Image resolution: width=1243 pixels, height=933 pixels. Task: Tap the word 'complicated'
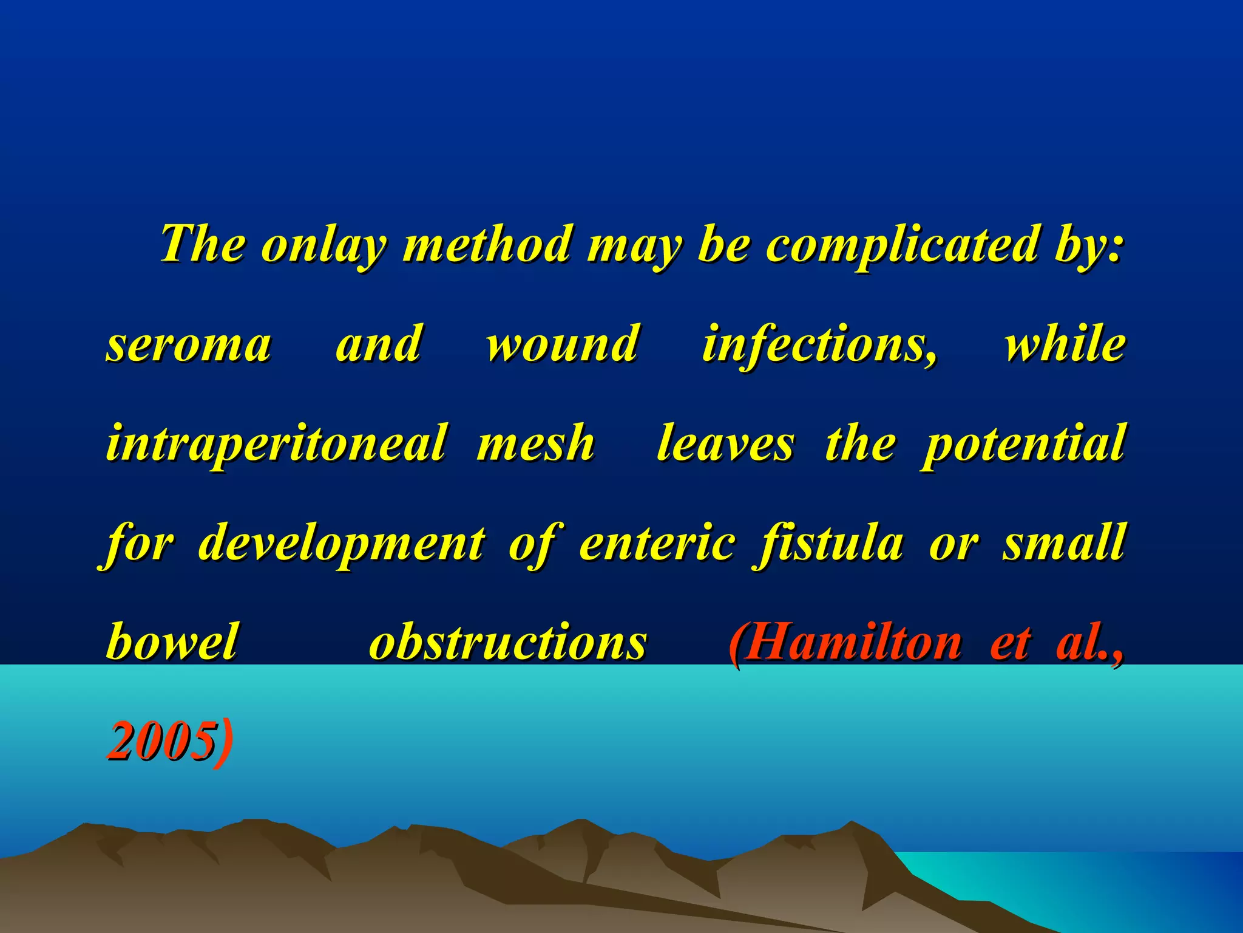pyautogui.click(x=901, y=246)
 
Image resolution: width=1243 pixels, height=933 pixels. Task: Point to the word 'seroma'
pyautogui.click(x=189, y=344)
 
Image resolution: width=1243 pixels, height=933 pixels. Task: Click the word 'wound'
pyautogui.click(x=562, y=344)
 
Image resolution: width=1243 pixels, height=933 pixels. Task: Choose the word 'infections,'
pyautogui.click(x=819, y=344)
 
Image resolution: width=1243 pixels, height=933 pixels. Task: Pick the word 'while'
pyautogui.click(x=1065, y=344)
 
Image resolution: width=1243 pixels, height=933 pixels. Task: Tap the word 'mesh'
pyautogui.click(x=535, y=443)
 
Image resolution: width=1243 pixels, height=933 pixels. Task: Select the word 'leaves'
pyautogui.click(x=725, y=443)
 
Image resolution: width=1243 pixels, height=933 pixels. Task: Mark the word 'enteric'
pyautogui.click(x=658, y=542)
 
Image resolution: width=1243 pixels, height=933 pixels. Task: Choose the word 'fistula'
pyautogui.click(x=828, y=542)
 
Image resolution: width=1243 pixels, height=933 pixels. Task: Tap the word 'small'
pyautogui.click(x=1064, y=542)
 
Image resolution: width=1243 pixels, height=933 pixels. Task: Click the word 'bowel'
pyautogui.click(x=172, y=642)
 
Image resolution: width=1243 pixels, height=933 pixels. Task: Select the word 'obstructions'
pyautogui.click(x=508, y=642)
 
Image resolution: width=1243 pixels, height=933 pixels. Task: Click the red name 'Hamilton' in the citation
pyautogui.click(x=853, y=642)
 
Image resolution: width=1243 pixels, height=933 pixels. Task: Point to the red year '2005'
pyautogui.click(x=161, y=741)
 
